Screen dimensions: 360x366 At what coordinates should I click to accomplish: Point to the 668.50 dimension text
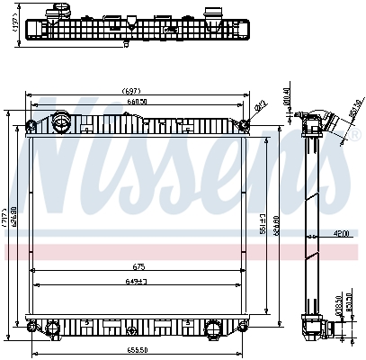tap(137, 102)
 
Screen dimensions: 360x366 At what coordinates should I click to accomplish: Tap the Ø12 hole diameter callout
tap(260, 106)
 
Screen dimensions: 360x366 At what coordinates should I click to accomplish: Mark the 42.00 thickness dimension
tap(340, 235)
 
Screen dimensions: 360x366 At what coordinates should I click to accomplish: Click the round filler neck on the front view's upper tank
tap(61, 120)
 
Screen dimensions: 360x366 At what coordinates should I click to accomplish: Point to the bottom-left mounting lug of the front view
tap(33, 326)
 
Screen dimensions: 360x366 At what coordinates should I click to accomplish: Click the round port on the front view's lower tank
tap(214, 326)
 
